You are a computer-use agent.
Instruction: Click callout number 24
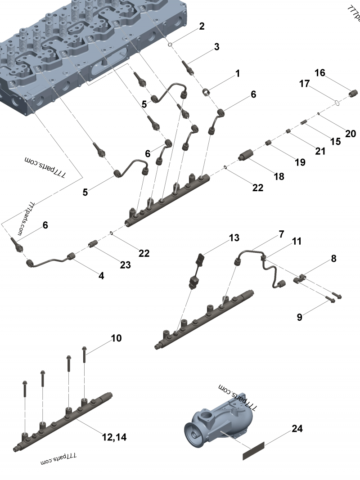click(x=297, y=429)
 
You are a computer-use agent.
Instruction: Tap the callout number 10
click(x=116, y=338)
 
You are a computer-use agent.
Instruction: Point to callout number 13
click(x=234, y=238)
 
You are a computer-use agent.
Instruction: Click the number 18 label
click(x=279, y=176)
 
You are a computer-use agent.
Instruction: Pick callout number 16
click(x=332, y=73)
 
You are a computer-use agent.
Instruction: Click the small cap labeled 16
click(x=353, y=93)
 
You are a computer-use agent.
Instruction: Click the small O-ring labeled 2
click(x=171, y=45)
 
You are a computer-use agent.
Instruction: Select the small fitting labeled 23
click(x=93, y=244)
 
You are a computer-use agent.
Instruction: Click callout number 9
click(x=299, y=317)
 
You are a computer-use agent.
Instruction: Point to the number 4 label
click(x=101, y=276)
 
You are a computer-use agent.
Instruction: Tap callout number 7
click(x=281, y=234)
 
